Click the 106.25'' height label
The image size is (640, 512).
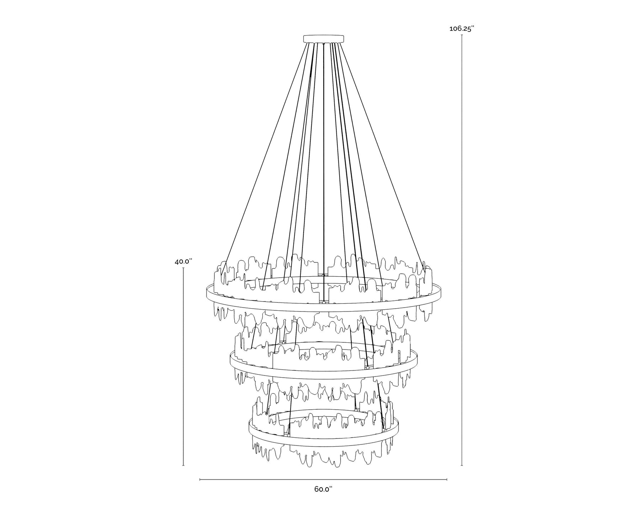[462, 29]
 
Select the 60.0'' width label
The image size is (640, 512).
[323, 489]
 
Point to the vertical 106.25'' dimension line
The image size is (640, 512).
[462, 250]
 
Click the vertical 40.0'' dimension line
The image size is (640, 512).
[183, 367]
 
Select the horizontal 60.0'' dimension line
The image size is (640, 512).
[323, 480]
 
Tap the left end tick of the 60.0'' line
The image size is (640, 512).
[200, 480]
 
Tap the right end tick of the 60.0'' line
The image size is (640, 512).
[447, 480]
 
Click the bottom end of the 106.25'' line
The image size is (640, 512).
[462, 465]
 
